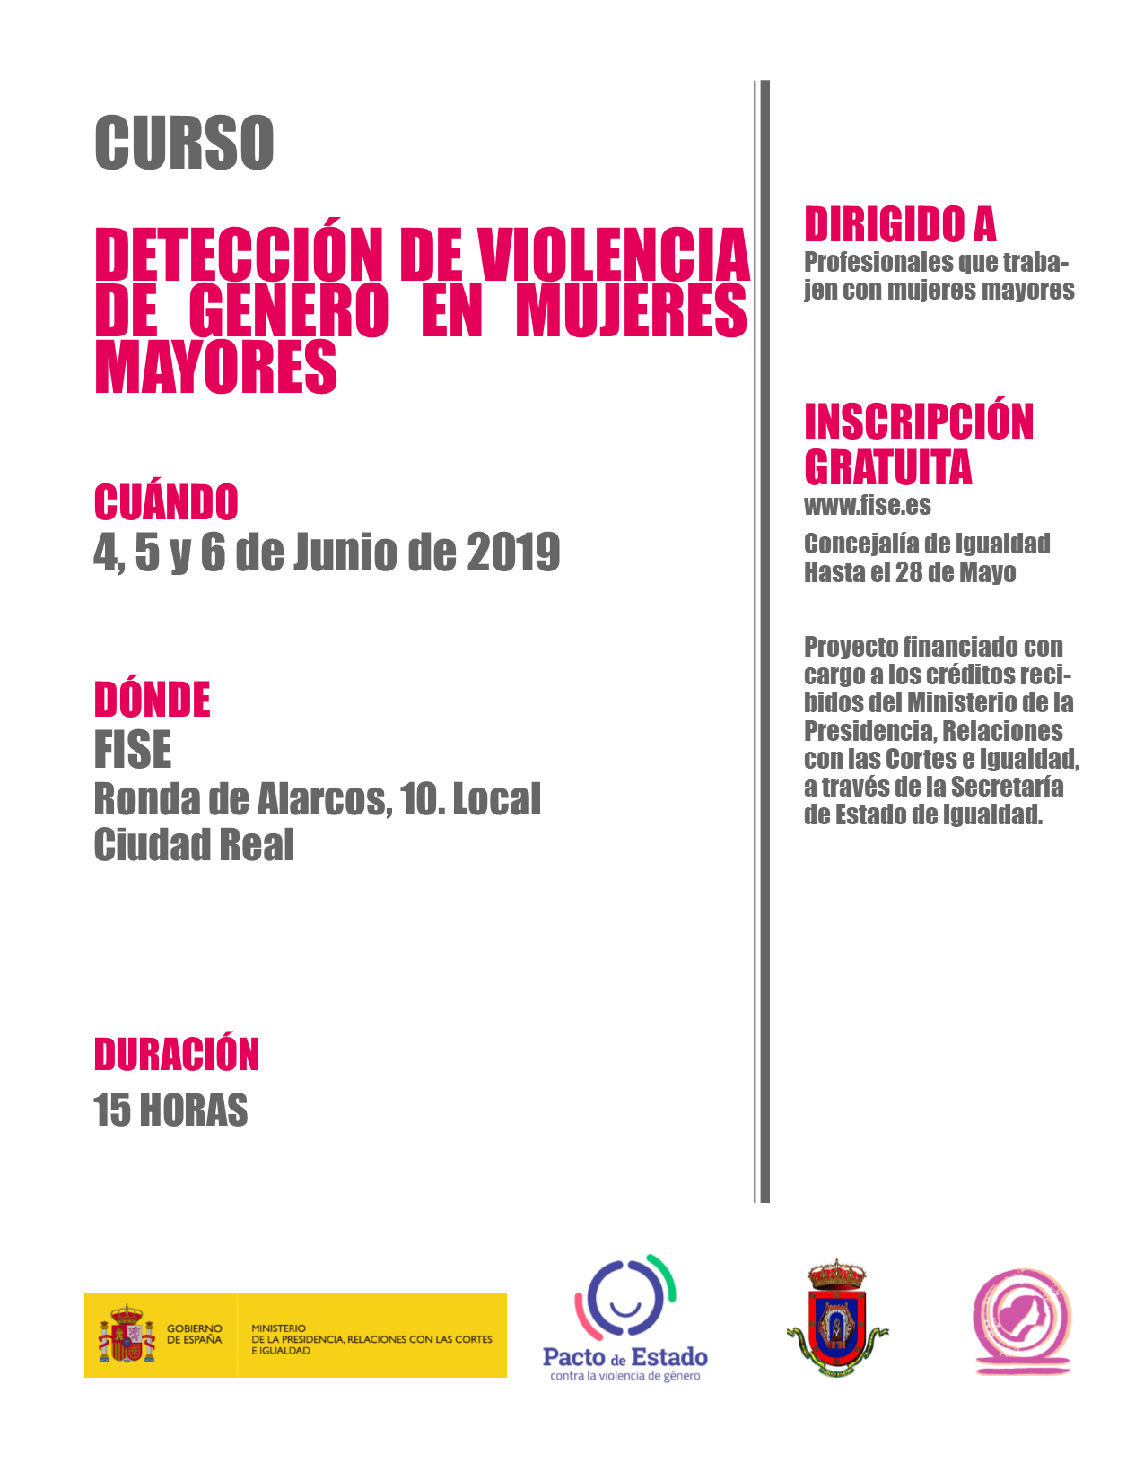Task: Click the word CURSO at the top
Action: (184, 143)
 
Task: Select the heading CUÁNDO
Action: (166, 502)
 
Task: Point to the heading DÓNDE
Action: (153, 701)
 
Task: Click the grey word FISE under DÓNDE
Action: (133, 750)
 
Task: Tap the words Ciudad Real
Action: (194, 845)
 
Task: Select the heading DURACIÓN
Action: (177, 1055)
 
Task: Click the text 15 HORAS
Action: (170, 1110)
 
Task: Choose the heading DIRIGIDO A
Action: (900, 224)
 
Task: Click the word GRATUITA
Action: (888, 467)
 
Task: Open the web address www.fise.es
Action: (868, 506)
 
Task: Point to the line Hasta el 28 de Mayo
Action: (910, 572)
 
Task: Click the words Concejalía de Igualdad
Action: (927, 544)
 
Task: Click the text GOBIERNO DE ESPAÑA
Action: (194, 1334)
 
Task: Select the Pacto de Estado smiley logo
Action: (624, 1299)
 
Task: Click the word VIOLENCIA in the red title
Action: (614, 256)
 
